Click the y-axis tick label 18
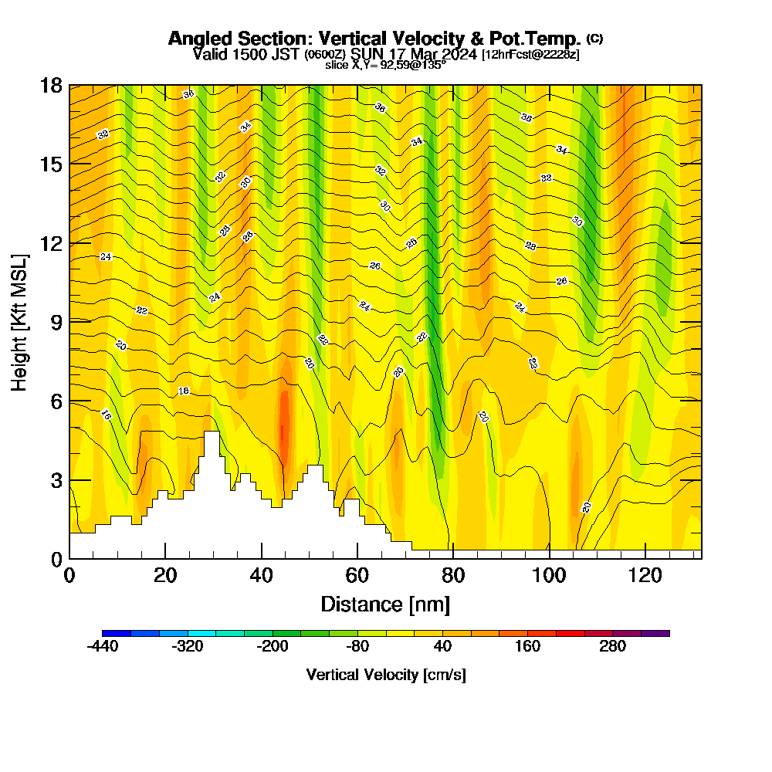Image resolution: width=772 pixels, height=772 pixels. [x=51, y=85]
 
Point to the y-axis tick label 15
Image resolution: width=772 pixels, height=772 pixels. [x=51, y=164]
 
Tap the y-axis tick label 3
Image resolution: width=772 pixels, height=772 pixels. [x=56, y=480]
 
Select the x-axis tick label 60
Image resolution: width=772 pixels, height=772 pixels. [x=357, y=575]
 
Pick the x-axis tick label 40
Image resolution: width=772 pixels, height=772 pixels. [x=262, y=575]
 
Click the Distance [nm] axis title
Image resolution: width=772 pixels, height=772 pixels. [x=385, y=603]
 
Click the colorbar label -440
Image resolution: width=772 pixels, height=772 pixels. [x=102, y=646]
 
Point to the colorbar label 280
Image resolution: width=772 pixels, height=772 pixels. [x=613, y=646]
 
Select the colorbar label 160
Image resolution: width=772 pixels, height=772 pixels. [x=528, y=646]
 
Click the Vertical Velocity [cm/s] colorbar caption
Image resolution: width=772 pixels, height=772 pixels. [x=386, y=675]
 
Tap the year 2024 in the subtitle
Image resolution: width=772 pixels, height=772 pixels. [x=455, y=54]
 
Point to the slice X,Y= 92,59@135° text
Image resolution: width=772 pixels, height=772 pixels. [x=385, y=65]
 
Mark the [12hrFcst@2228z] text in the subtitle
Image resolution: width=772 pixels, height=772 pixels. [x=530, y=55]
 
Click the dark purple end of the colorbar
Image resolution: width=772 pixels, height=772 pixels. [x=655, y=633]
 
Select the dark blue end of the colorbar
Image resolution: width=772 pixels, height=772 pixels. [x=117, y=633]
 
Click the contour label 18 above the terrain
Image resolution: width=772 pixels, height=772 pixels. [x=184, y=391]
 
